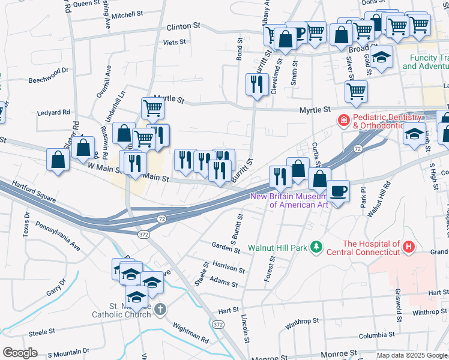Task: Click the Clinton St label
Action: click(183, 27)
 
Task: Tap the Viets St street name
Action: click(175, 43)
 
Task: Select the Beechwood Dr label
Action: click(49, 75)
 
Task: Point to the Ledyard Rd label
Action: click(53, 112)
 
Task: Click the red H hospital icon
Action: click(409, 247)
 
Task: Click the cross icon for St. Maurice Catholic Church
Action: click(159, 309)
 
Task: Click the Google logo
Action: click(20, 353)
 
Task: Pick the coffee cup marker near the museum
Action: click(338, 191)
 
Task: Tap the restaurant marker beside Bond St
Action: click(256, 84)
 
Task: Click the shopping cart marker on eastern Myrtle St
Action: click(356, 91)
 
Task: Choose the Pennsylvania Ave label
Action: click(58, 236)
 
